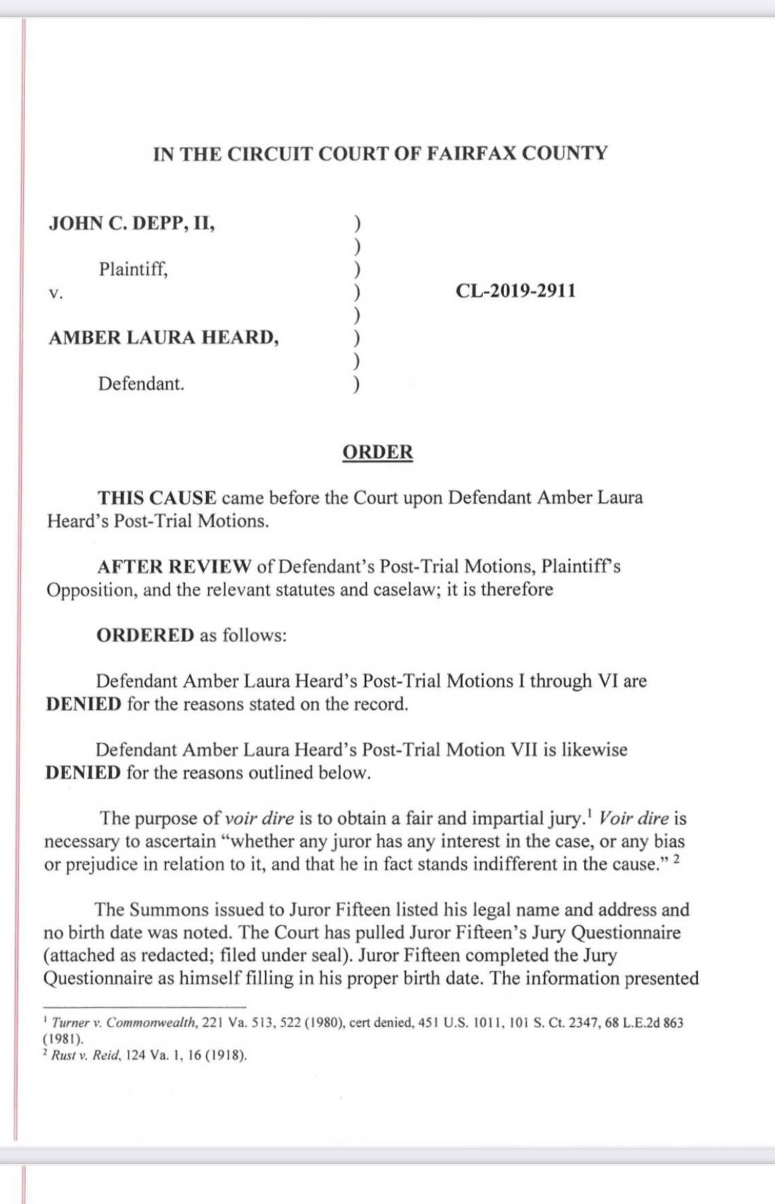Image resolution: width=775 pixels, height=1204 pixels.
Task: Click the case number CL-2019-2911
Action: (x=515, y=290)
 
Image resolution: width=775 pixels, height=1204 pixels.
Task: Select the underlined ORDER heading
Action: (x=378, y=452)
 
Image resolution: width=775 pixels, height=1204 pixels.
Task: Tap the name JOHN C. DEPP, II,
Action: (x=132, y=223)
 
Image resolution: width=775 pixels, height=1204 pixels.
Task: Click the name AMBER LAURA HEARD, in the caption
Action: (x=164, y=337)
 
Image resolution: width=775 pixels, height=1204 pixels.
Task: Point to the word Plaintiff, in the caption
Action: (x=133, y=269)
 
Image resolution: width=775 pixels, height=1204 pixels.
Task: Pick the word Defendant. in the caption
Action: (x=141, y=383)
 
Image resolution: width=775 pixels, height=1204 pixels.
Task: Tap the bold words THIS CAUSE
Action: (x=157, y=497)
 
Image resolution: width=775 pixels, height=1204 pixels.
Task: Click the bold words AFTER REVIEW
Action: (x=174, y=567)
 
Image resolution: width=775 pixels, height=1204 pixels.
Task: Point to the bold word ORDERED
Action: (x=145, y=635)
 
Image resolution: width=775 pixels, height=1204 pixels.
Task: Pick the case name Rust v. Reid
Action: (x=87, y=1056)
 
